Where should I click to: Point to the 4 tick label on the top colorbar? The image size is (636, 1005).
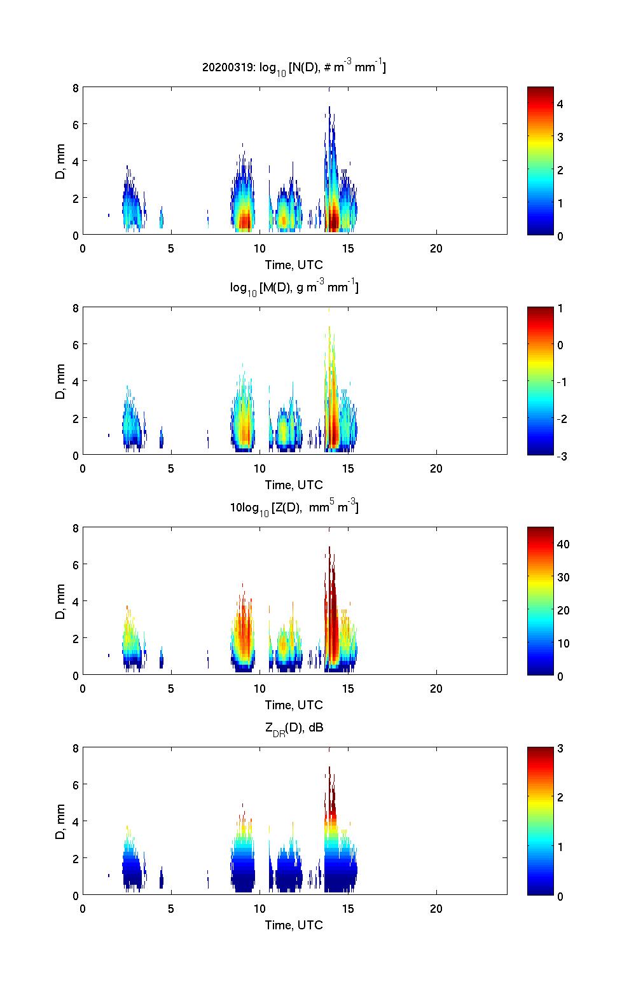pyautogui.click(x=560, y=104)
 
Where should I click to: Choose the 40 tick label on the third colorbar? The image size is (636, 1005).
pyautogui.click(x=563, y=544)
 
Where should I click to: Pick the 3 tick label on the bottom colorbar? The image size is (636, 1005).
pyautogui.click(x=560, y=749)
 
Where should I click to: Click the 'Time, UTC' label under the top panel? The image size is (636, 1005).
pyautogui.click(x=294, y=265)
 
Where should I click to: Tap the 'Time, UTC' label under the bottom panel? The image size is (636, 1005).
pyautogui.click(x=294, y=925)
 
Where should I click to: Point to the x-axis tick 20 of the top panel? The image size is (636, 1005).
pyautogui.click(x=436, y=248)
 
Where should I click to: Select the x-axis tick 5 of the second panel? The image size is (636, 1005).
pyautogui.click(x=171, y=468)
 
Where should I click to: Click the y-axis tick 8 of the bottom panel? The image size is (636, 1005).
pyautogui.click(x=75, y=749)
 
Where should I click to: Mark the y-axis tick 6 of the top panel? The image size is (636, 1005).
pyautogui.click(x=75, y=125)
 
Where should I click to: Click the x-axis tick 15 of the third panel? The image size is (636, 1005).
pyautogui.click(x=348, y=688)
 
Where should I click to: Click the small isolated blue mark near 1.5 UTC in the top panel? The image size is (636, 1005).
pyautogui.click(x=109, y=215)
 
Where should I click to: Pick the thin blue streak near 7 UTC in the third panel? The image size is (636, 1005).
pyautogui.click(x=208, y=660)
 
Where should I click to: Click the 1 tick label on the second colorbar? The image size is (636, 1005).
pyautogui.click(x=560, y=308)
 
